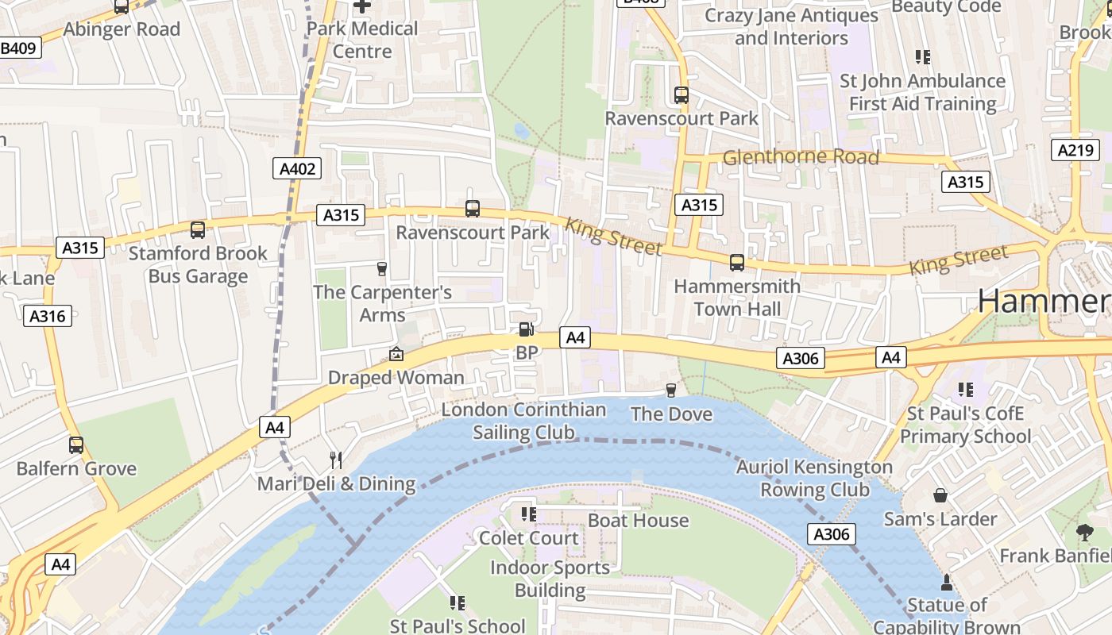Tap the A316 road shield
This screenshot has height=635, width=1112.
point(48,316)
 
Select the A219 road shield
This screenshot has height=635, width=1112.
point(1075,150)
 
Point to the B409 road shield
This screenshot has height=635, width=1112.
point(17,48)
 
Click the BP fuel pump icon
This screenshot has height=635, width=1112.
point(526,329)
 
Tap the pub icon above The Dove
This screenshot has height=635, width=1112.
point(671,390)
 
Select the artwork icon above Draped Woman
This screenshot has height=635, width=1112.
point(396,354)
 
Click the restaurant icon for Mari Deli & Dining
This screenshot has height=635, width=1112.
point(336,460)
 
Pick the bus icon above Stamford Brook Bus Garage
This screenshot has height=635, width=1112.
point(198,230)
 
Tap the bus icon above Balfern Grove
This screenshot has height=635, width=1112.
point(76,445)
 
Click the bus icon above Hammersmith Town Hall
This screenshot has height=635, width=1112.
point(737,262)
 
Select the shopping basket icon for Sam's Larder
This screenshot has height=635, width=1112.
point(940,495)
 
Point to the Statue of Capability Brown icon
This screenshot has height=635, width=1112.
point(946,583)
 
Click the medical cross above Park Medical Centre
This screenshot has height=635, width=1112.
point(362,6)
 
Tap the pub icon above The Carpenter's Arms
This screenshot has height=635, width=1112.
point(382,268)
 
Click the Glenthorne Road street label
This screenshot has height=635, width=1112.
point(801,157)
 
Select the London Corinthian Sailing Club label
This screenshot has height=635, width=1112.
point(523,421)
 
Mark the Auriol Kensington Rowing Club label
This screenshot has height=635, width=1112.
point(814,478)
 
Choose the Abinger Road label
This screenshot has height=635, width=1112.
point(122,29)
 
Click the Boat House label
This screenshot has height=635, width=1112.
point(638,521)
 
